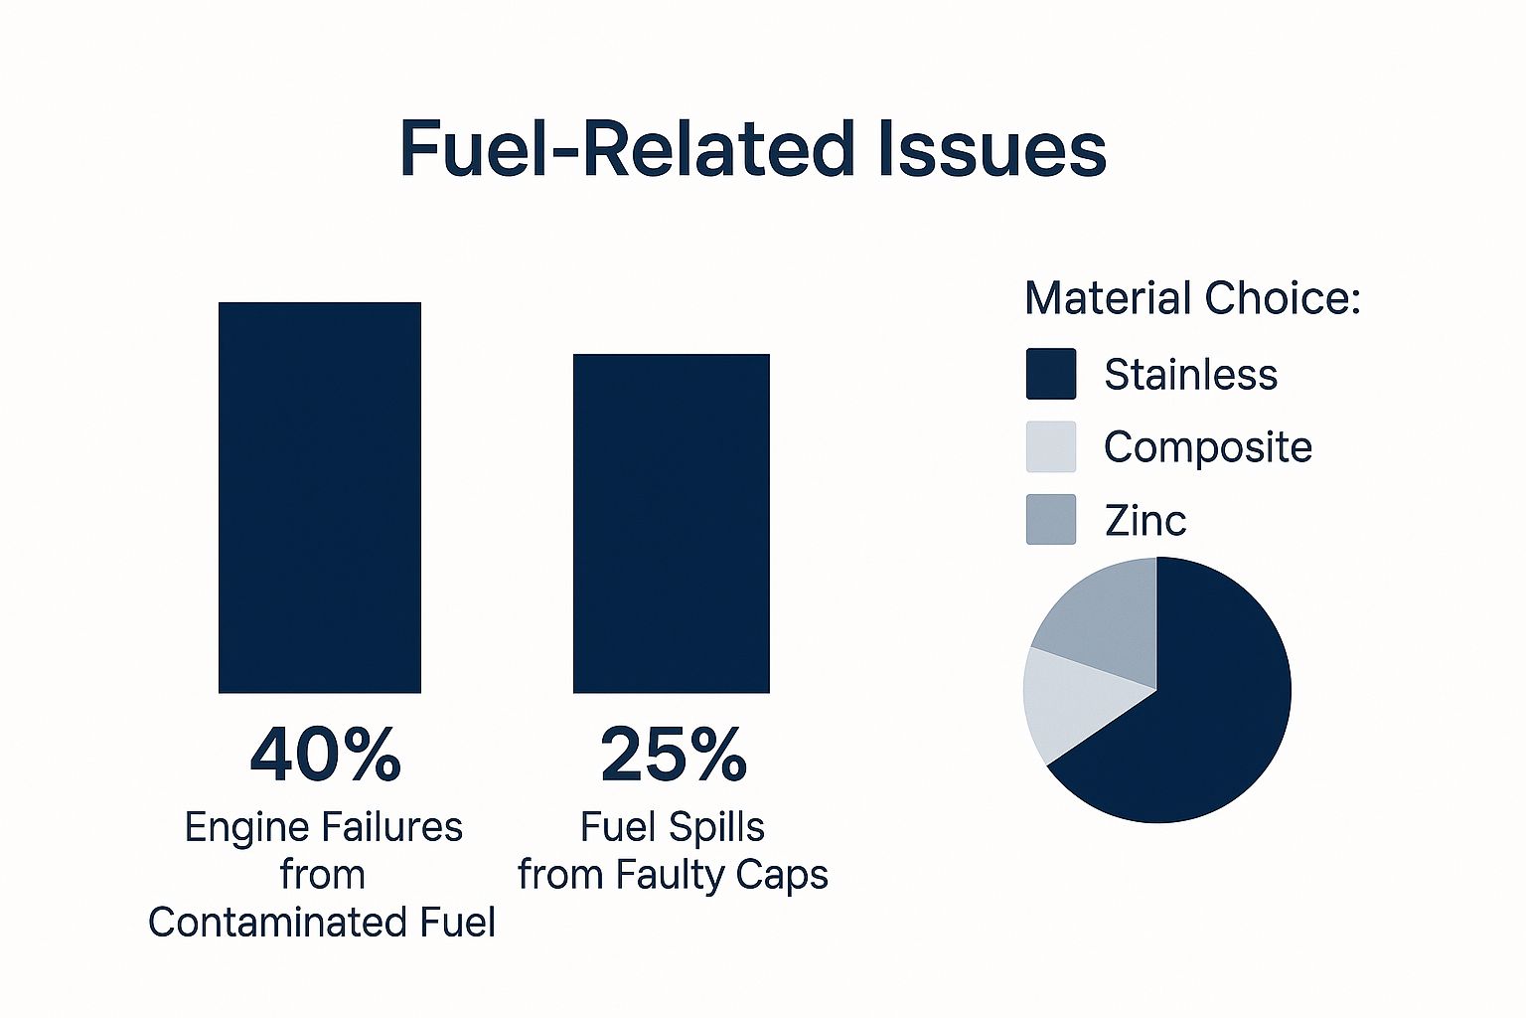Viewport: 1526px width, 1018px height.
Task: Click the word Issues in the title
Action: pos(992,150)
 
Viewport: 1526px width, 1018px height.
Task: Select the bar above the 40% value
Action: pos(320,497)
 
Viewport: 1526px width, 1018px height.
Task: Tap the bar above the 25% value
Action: pos(672,523)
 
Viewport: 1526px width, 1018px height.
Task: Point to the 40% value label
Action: pos(325,755)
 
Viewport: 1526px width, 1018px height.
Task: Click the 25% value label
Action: pos(674,755)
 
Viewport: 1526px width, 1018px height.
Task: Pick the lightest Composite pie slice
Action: pos(1073,701)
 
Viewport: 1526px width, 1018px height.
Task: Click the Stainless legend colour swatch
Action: pos(1051,374)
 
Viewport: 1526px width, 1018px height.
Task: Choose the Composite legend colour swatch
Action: pos(1051,446)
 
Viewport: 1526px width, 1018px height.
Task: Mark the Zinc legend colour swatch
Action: pos(1051,519)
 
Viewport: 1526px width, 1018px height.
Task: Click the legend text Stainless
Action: pos(1190,375)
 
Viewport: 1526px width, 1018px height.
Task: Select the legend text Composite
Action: pos(1207,447)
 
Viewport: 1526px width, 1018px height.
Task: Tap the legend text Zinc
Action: pos(1144,520)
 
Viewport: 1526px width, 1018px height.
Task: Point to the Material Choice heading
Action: pos(1192,298)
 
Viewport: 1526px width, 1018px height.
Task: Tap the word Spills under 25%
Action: pos(717,827)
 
